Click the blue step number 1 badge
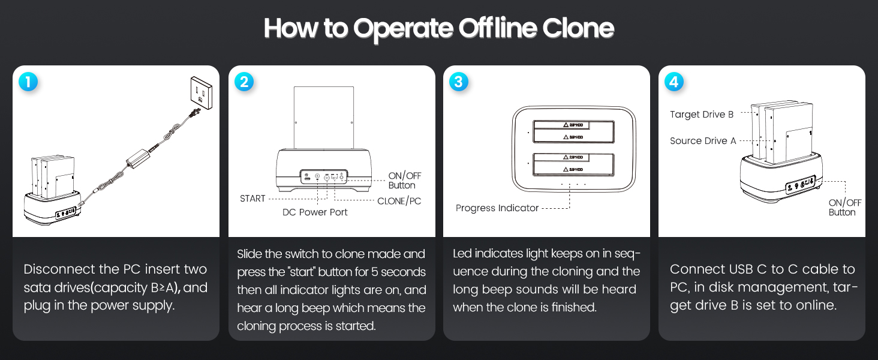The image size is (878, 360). coord(28,82)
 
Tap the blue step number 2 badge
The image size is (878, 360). coord(243,82)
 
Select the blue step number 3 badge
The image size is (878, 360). coord(459,82)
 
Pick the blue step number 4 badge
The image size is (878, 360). coord(674,82)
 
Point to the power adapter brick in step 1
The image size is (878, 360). coord(139,159)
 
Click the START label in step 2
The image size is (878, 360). coord(252,199)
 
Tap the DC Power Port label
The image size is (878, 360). coord(315,212)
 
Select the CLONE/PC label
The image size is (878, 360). coord(399,201)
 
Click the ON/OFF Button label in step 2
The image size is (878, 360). coord(404,181)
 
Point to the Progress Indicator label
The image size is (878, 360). coord(497,208)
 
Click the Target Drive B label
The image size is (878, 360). coord(702,114)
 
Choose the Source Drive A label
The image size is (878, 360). coord(703,141)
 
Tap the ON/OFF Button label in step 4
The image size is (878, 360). coord(844,208)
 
